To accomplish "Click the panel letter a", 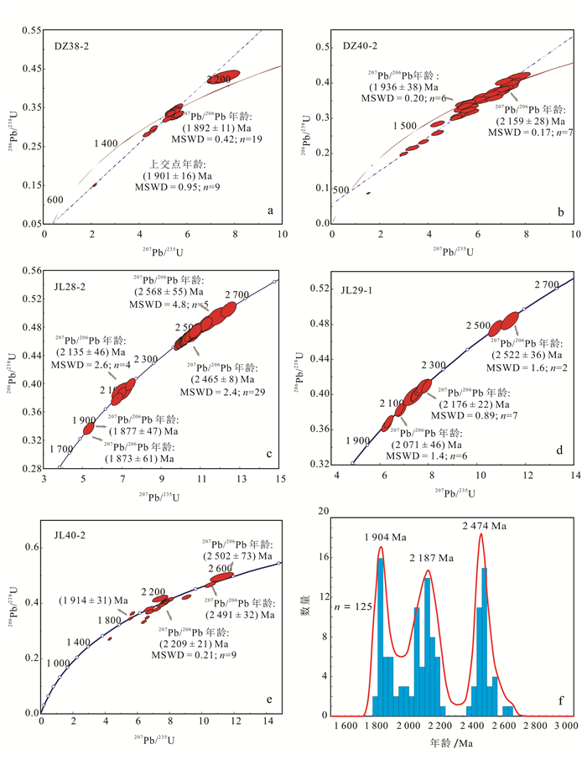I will pos(270,210).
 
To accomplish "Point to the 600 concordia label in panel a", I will pos(55,200).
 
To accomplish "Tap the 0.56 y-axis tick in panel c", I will pos(31,271).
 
